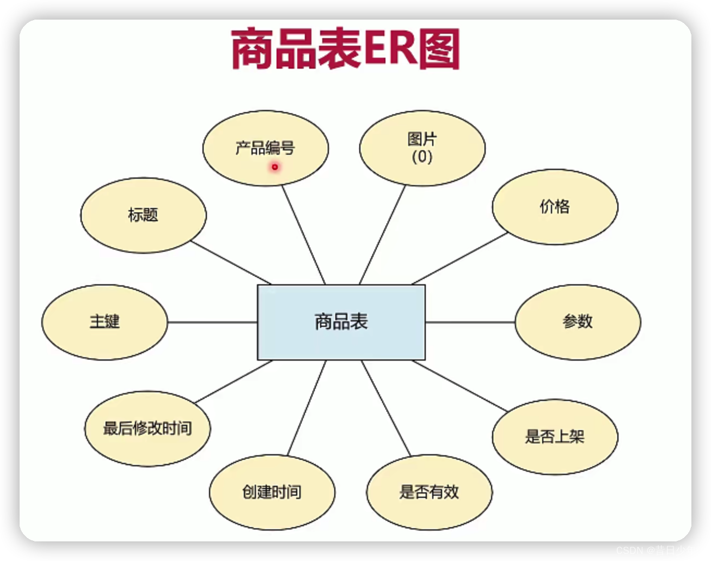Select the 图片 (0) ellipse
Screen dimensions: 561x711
[422, 148]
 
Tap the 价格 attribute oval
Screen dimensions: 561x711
[555, 206]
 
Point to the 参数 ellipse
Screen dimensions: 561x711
[578, 322]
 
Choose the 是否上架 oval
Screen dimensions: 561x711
[555, 437]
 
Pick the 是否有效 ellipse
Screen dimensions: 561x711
[429, 492]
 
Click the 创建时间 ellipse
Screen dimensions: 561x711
[272, 492]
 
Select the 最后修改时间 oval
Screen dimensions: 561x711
[147, 428]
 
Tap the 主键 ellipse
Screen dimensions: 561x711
[105, 322]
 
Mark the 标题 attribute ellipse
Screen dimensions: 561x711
[143, 215]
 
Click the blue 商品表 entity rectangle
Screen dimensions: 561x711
[341, 322]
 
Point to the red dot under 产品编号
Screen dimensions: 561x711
[275, 167]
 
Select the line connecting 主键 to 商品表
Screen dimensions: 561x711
[212, 322]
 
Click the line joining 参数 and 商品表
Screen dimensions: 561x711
[470, 322]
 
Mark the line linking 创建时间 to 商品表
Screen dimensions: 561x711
[307, 407]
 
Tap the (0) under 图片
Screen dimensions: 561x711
[422, 157]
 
